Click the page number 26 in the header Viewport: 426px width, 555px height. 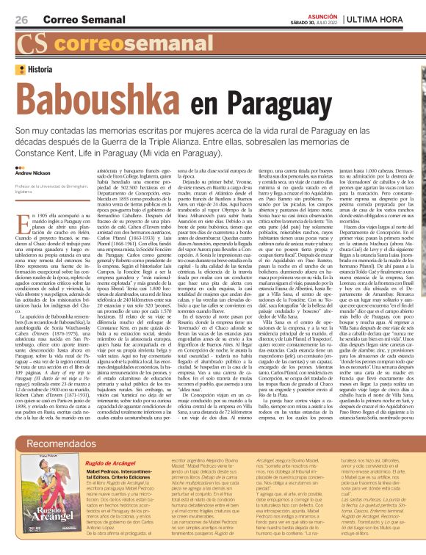[x=21, y=19]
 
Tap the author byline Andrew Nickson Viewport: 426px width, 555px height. [x=33, y=173]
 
